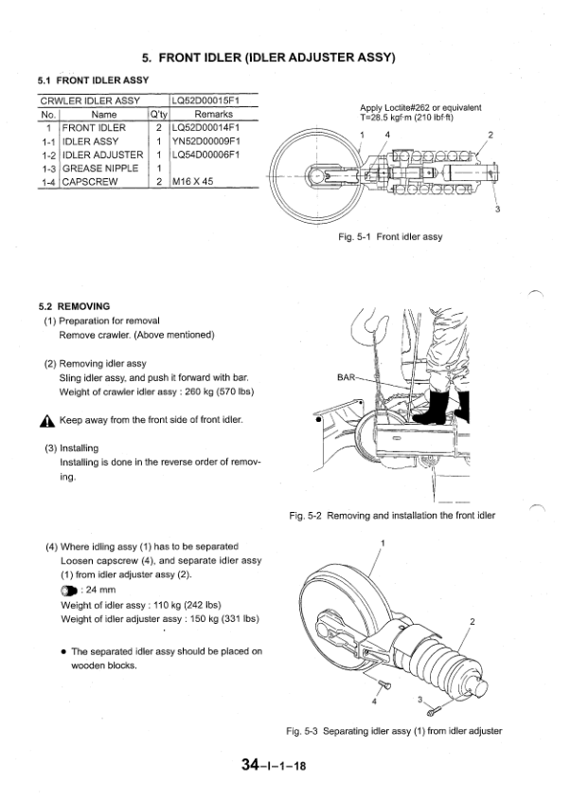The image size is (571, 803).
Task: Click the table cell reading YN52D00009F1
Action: pos(205,140)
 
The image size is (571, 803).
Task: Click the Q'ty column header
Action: pos(158,114)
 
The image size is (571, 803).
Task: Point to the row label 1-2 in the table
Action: pos(47,155)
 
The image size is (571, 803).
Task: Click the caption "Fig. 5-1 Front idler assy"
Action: pos(390,237)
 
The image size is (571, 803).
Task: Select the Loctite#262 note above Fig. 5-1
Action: pos(420,113)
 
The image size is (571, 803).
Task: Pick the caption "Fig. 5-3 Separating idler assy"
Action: pos(393,731)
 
